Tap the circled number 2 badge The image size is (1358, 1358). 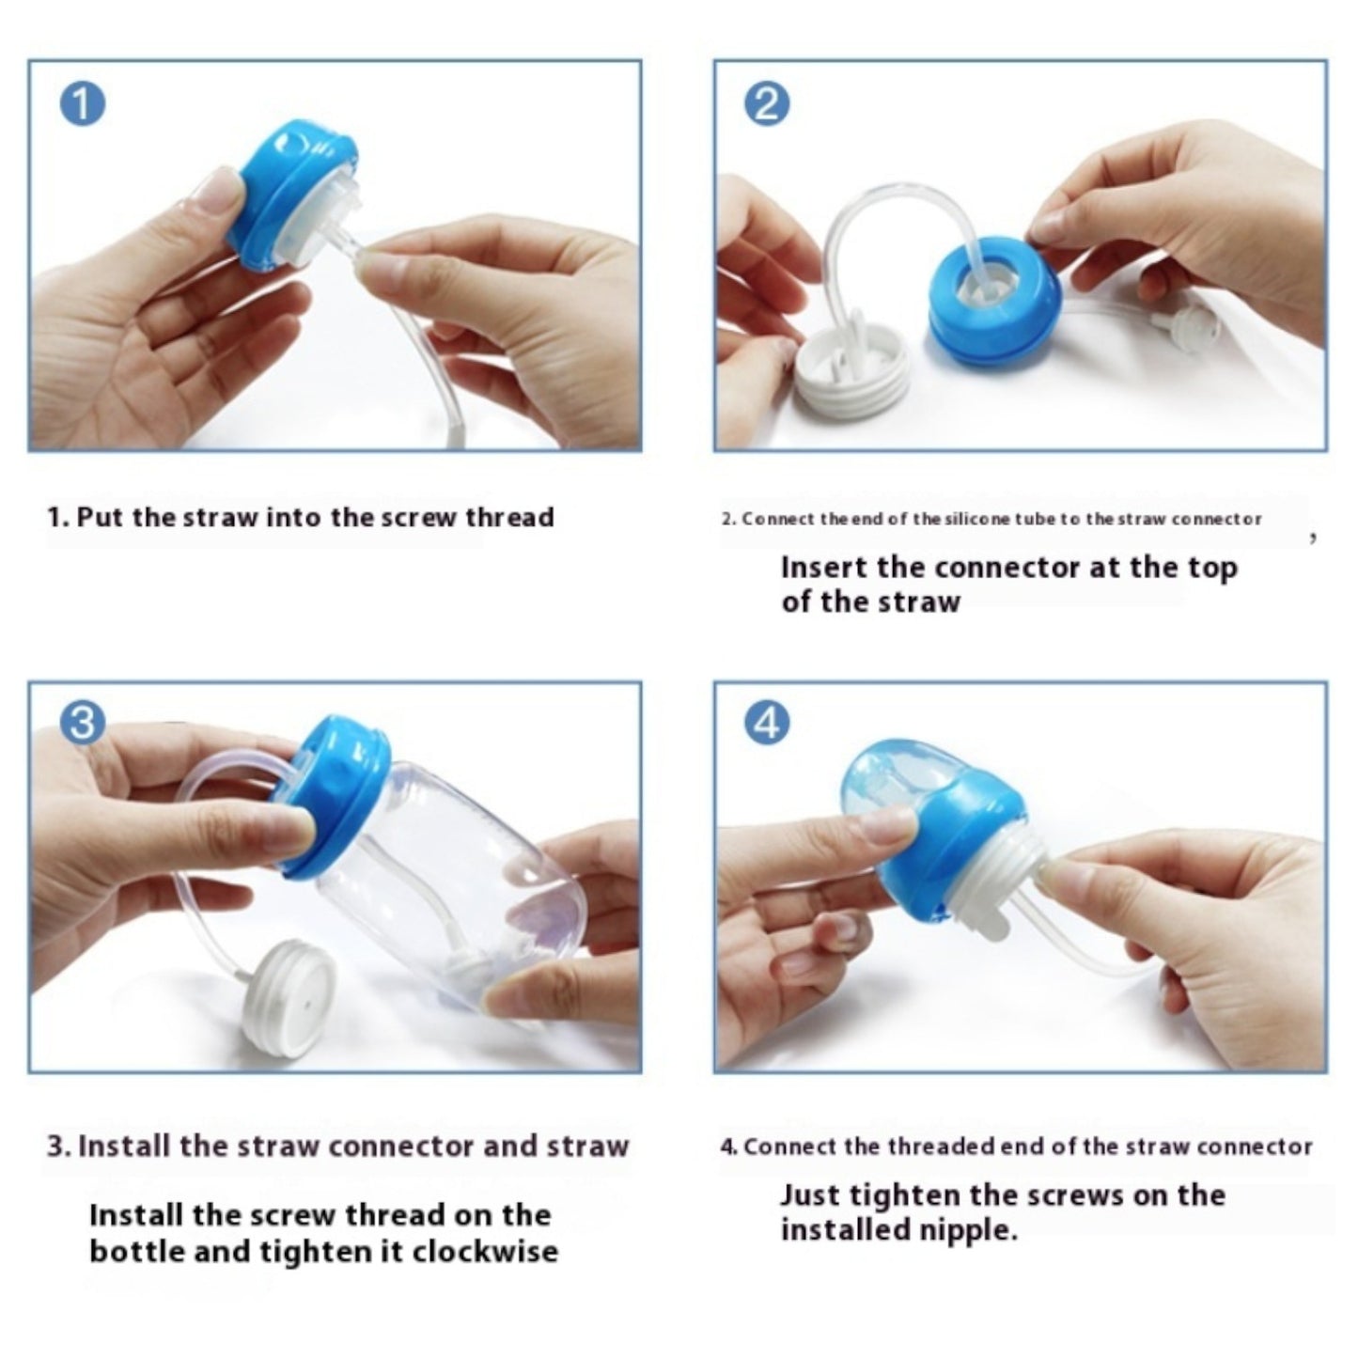pos(766,104)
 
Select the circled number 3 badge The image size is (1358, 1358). pos(82,724)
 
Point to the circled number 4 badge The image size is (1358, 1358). pos(766,724)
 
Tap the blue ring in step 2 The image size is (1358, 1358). pos(996,301)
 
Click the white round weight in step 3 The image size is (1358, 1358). pos(288,992)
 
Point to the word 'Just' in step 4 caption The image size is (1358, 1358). pos(809,1195)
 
